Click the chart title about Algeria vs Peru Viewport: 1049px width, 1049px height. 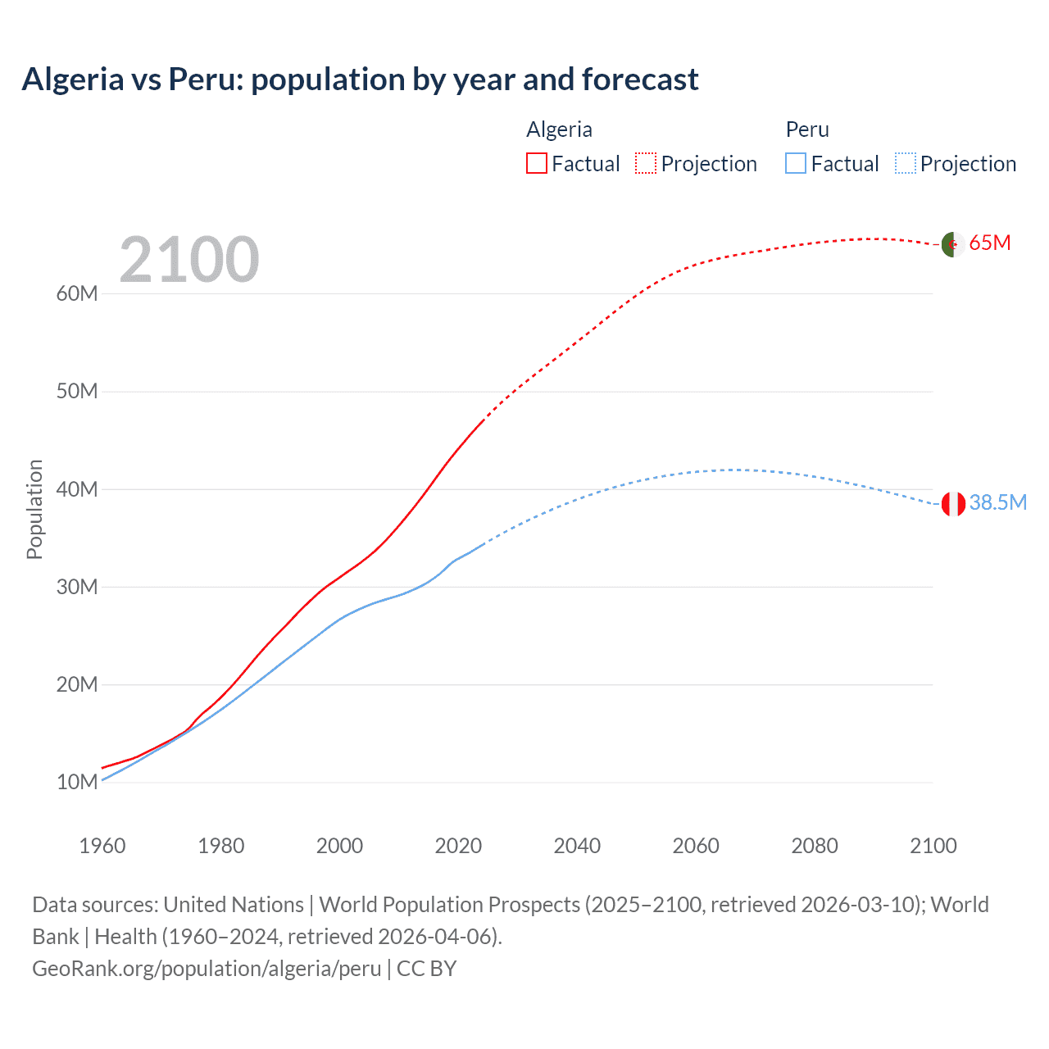click(360, 79)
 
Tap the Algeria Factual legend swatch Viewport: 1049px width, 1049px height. click(536, 163)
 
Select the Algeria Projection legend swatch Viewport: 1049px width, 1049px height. click(646, 163)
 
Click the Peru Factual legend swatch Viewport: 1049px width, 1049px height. click(796, 163)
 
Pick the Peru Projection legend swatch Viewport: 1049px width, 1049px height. click(905, 163)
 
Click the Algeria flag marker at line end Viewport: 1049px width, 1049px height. click(952, 244)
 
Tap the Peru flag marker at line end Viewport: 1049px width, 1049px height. click(953, 504)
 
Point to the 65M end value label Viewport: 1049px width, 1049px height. click(990, 243)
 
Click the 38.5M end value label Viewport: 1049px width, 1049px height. click(997, 502)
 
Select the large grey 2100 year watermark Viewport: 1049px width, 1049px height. click(189, 260)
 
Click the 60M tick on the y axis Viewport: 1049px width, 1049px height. click(77, 293)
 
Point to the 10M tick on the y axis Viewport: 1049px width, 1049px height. click(77, 782)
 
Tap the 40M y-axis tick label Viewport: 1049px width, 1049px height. click(77, 489)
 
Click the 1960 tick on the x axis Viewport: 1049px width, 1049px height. click(102, 846)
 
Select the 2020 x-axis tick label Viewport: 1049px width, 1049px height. click(458, 846)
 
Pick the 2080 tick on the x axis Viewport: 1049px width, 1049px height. click(815, 846)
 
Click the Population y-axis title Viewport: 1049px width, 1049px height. click(34, 509)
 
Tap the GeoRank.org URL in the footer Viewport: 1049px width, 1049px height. click(207, 969)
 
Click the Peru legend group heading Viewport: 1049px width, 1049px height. click(807, 129)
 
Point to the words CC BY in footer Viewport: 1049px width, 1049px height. click(426, 969)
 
